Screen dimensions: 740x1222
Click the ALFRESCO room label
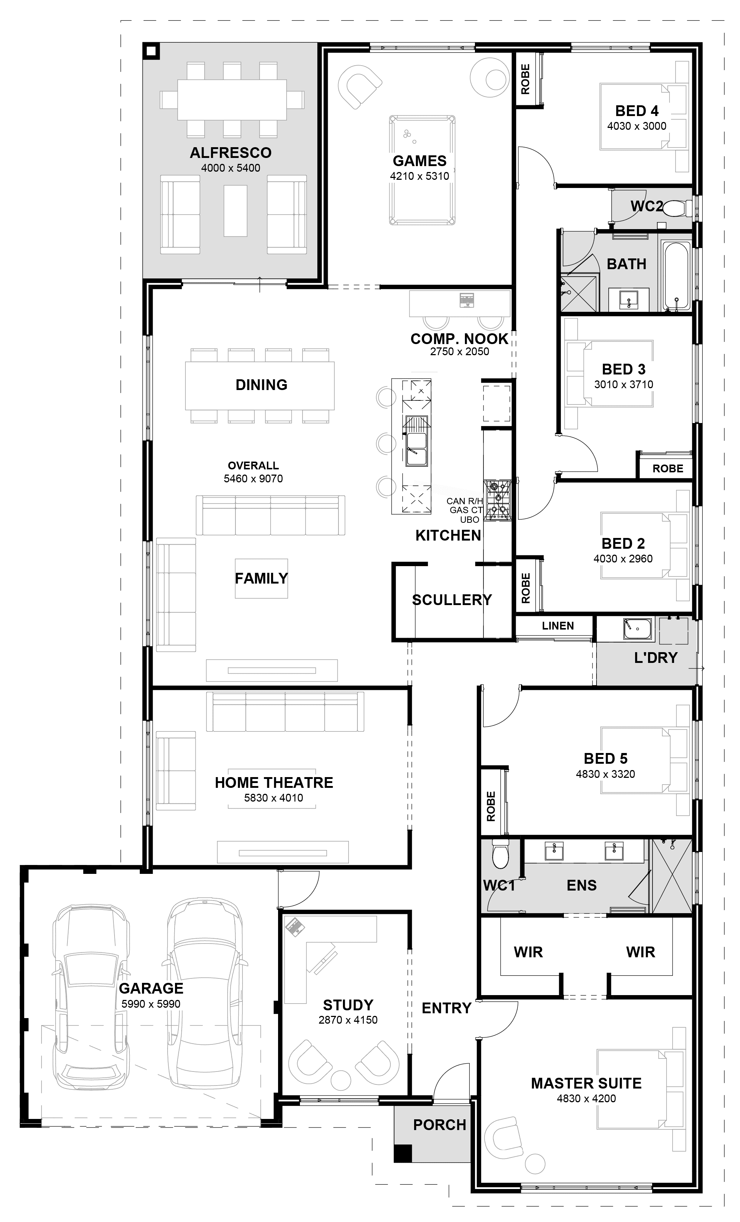[x=231, y=153]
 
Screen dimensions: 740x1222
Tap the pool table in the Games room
[x=422, y=171]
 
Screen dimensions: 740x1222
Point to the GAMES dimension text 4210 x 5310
[x=420, y=176]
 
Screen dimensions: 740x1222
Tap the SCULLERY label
[x=452, y=600]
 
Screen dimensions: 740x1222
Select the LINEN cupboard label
[x=558, y=626]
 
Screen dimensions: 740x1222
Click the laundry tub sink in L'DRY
[x=637, y=628]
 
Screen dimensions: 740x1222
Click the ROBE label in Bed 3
[x=668, y=469]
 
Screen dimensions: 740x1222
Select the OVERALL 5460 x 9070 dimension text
[x=254, y=472]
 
